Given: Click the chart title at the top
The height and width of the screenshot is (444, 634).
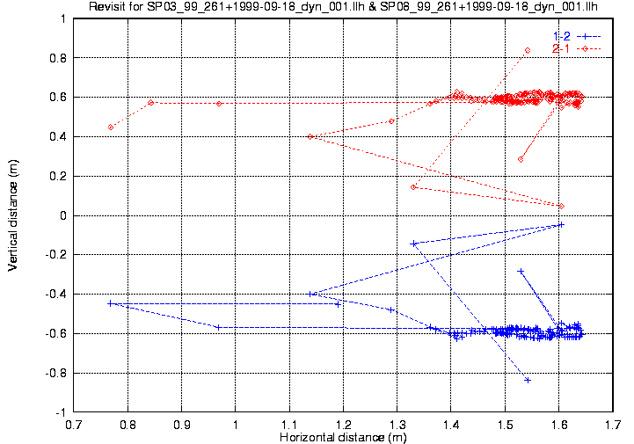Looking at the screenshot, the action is pyautogui.click(x=343, y=6).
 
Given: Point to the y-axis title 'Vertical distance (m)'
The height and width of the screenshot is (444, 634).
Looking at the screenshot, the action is pyautogui.click(x=12, y=215).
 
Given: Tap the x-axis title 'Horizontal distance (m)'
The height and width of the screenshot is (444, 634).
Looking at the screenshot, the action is pyautogui.click(x=343, y=437).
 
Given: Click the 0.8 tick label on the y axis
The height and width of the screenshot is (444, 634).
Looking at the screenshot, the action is pyautogui.click(x=58, y=58).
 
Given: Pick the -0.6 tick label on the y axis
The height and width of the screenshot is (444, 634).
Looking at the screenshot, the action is pyautogui.click(x=55, y=333).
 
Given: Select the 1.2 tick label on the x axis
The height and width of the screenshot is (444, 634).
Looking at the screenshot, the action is pyautogui.click(x=343, y=425).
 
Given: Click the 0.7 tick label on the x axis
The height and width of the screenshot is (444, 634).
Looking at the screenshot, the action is pyautogui.click(x=74, y=425).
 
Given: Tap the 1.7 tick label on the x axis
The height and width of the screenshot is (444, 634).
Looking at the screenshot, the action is pyautogui.click(x=613, y=425).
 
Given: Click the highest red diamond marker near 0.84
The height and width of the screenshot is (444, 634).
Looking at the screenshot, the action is pyautogui.click(x=528, y=50).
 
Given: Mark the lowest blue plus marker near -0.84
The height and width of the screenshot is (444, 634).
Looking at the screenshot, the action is pyautogui.click(x=528, y=380).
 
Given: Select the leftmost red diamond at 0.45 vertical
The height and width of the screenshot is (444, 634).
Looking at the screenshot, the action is pyautogui.click(x=111, y=127).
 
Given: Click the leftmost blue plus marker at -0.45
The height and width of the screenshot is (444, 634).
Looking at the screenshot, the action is pyautogui.click(x=110, y=303).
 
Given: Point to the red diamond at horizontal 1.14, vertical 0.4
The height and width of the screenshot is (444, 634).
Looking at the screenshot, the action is pyautogui.click(x=310, y=136).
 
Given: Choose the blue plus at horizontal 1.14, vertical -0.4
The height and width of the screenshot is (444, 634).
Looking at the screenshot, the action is pyautogui.click(x=310, y=294).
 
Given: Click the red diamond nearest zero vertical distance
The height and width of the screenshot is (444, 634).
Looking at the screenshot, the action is pyautogui.click(x=561, y=207).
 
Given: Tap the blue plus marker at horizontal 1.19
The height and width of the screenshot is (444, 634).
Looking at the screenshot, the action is pyautogui.click(x=338, y=304).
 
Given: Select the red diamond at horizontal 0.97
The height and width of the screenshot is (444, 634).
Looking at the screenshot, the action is pyautogui.click(x=219, y=104).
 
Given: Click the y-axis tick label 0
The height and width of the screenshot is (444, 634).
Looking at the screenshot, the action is pyautogui.click(x=63, y=215).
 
